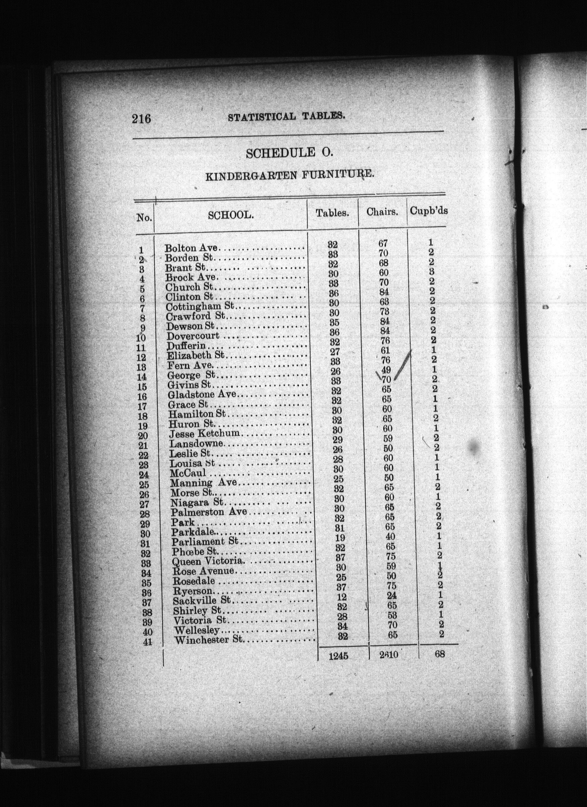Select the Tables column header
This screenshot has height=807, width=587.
[x=332, y=213]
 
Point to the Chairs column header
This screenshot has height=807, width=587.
[x=382, y=212]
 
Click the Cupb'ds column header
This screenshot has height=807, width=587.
[x=429, y=211]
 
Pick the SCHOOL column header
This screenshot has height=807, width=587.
[x=231, y=215]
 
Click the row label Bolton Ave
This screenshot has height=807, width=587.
[x=191, y=248]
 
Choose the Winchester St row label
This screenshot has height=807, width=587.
[x=208, y=640]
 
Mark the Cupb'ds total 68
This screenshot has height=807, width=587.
[x=440, y=654]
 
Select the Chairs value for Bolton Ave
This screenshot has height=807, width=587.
[x=383, y=243]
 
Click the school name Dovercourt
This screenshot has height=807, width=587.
[x=193, y=336]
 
